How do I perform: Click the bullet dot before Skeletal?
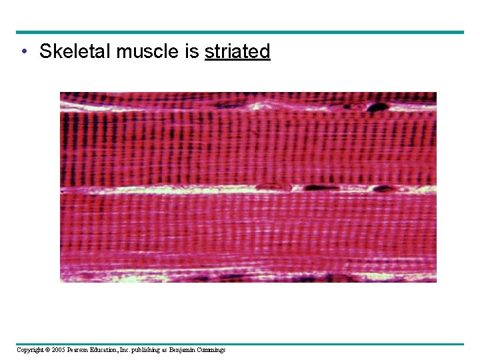(24, 51)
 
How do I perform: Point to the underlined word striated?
(237, 51)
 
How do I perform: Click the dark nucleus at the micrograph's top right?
(378, 107)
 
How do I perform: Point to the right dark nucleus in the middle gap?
(382, 189)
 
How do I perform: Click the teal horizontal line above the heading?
(240, 32)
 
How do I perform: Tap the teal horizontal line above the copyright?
(240, 344)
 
